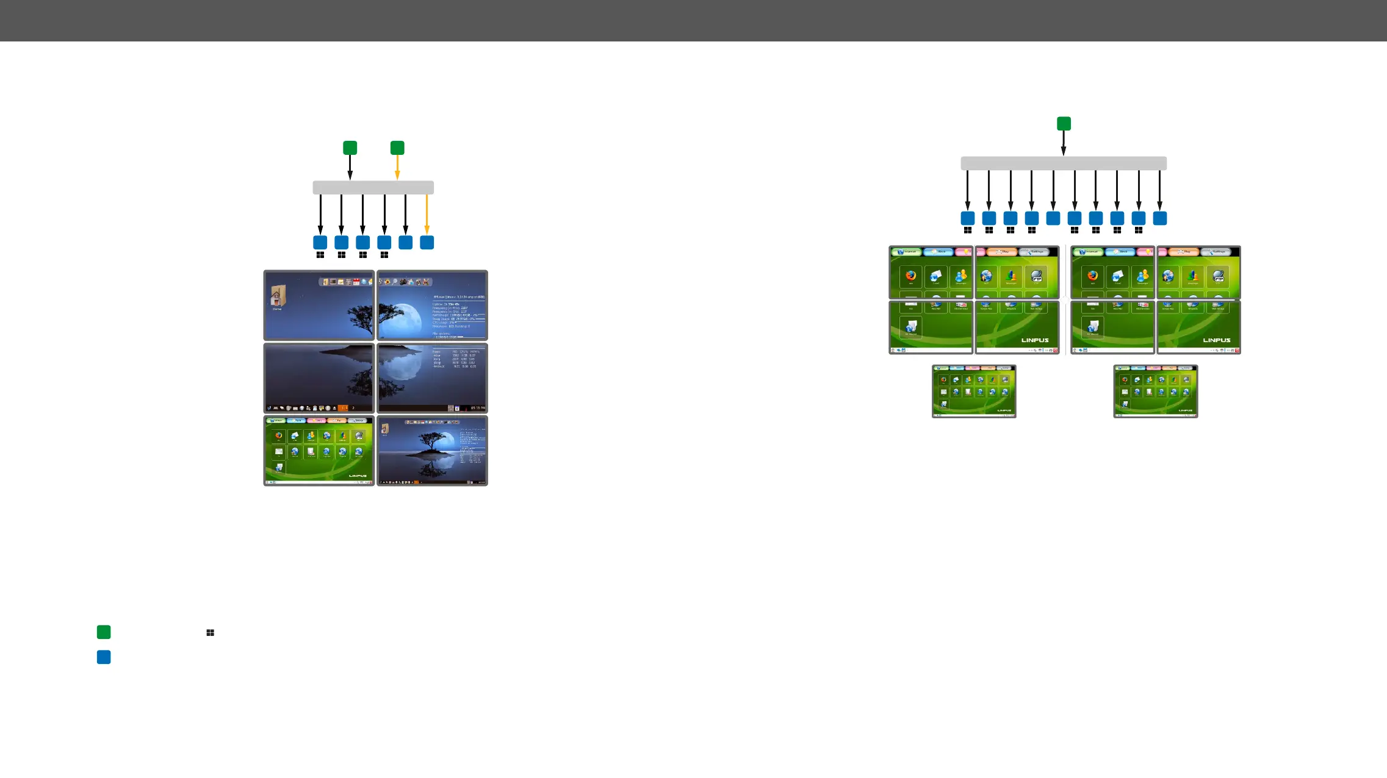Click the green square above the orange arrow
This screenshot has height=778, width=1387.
click(397, 148)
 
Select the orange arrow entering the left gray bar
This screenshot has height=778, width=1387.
click(397, 167)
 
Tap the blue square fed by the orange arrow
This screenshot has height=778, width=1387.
click(427, 242)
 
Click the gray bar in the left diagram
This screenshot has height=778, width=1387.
click(373, 187)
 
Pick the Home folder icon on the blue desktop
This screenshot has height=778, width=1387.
click(278, 297)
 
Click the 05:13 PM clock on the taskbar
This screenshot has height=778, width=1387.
click(478, 408)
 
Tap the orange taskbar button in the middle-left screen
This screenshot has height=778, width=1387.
click(343, 408)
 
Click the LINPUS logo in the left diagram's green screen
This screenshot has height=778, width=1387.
click(358, 476)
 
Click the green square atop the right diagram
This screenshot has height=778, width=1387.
click(1064, 124)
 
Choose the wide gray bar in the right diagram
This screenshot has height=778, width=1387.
click(1064, 163)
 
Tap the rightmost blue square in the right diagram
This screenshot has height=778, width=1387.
click(1159, 218)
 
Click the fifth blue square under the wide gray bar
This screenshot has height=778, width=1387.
click(1053, 218)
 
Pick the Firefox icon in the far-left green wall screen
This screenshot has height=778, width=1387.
click(910, 276)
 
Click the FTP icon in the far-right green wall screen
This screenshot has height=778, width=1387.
click(1217, 276)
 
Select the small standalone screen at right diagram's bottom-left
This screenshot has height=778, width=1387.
click(974, 391)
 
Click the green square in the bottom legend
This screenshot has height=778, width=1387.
click(104, 632)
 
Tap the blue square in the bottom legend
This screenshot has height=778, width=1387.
click(104, 657)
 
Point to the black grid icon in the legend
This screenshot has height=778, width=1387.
click(210, 633)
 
